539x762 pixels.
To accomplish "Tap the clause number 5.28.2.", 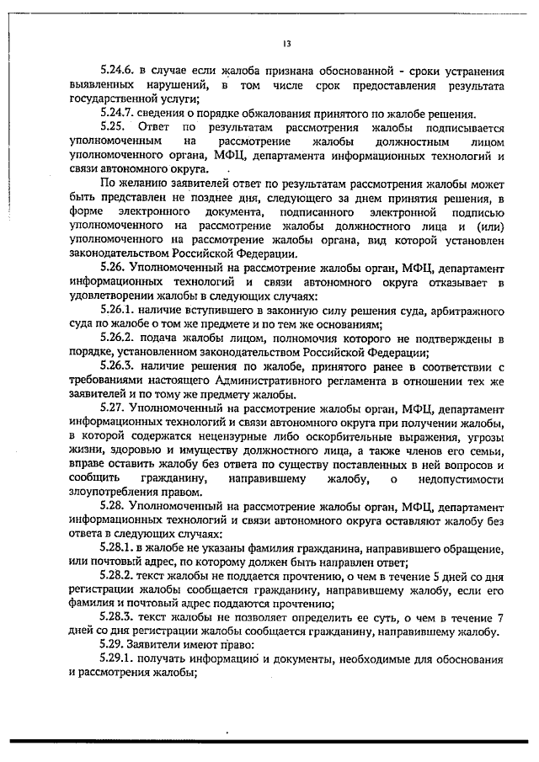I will [120, 576].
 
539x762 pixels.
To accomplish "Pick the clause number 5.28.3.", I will [120, 618].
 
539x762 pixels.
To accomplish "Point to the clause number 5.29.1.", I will [120, 660].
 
